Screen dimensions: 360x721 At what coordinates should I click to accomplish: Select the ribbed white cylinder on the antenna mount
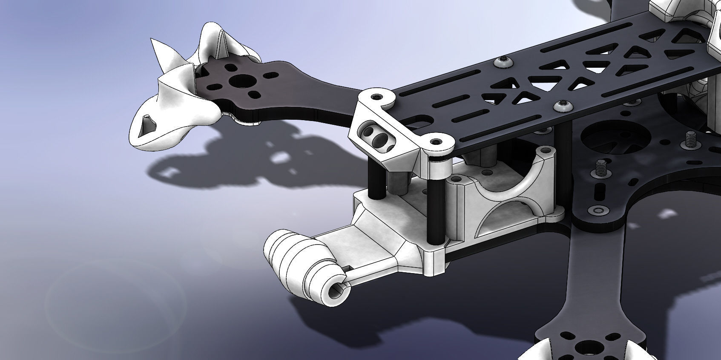294,262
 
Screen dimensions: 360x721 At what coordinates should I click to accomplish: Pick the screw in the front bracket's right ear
436,141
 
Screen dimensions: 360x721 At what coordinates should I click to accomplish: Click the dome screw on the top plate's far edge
504,62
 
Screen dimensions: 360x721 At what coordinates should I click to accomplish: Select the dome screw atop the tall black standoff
561,107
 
